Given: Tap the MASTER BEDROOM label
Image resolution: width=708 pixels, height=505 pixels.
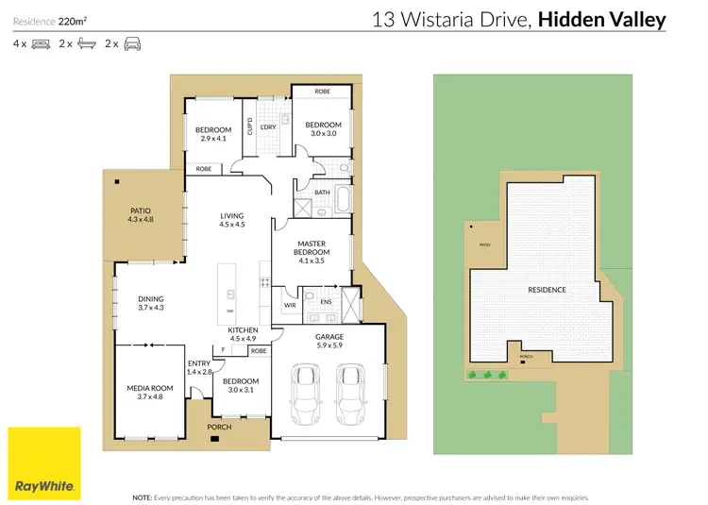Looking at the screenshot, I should [x=311, y=248].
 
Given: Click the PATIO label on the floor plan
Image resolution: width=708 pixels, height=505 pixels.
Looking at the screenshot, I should [x=140, y=210].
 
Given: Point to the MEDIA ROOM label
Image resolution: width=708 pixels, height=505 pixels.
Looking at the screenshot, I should [x=151, y=388].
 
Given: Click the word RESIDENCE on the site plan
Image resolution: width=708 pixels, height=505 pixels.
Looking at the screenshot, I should [x=548, y=290].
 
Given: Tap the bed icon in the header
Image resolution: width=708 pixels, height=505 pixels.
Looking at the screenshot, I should [x=42, y=43].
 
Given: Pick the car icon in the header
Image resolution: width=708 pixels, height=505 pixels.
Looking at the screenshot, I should [x=132, y=43].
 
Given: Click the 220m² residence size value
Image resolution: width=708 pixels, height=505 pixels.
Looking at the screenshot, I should [x=73, y=19].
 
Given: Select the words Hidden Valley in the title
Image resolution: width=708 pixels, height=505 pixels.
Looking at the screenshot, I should [x=602, y=19].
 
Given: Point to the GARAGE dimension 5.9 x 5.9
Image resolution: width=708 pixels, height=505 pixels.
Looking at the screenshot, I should [x=329, y=345].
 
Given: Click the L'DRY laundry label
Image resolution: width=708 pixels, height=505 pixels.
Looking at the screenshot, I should [x=267, y=126].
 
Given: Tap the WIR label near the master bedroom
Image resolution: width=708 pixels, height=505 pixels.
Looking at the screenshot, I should [x=290, y=305].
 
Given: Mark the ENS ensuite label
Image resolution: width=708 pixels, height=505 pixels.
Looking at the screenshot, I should [x=326, y=302].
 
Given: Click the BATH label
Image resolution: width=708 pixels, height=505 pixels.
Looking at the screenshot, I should [x=322, y=192].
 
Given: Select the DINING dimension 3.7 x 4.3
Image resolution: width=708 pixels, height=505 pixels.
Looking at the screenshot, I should [x=151, y=308].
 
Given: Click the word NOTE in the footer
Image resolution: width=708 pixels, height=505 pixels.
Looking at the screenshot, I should [x=143, y=496].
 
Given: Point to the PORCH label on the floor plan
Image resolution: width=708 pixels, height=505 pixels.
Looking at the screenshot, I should [x=218, y=427].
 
